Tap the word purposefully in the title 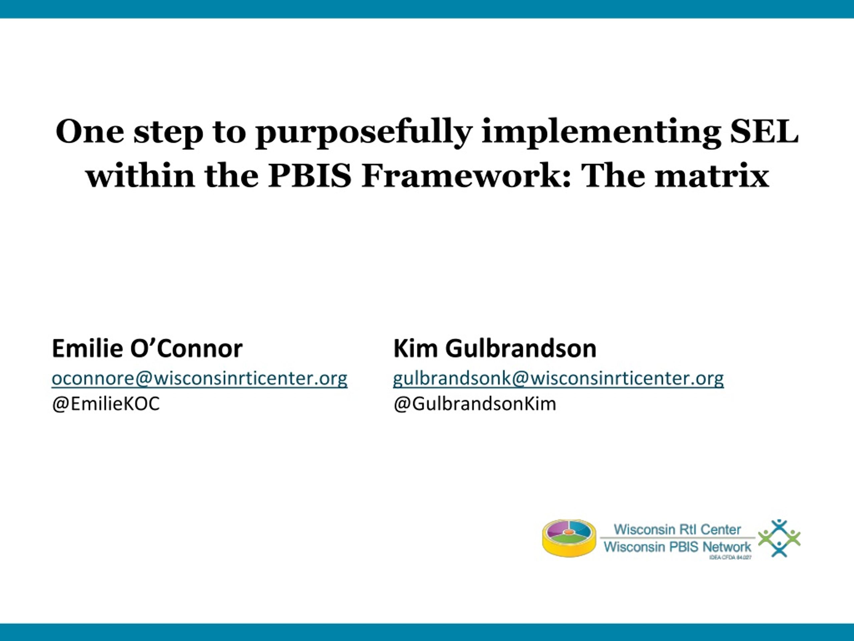click(x=364, y=134)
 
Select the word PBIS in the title click(x=310, y=176)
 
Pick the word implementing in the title click(x=601, y=134)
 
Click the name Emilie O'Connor click(x=147, y=349)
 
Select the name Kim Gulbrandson click(x=495, y=349)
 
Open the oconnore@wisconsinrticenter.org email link click(x=199, y=379)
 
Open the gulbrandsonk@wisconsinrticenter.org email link click(x=558, y=379)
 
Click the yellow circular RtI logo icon click(x=569, y=538)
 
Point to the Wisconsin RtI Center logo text click(x=677, y=529)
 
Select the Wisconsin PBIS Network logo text click(x=678, y=547)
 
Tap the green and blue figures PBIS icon click(x=779, y=538)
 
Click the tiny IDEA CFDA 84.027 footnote click(x=731, y=557)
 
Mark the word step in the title click(x=168, y=134)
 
